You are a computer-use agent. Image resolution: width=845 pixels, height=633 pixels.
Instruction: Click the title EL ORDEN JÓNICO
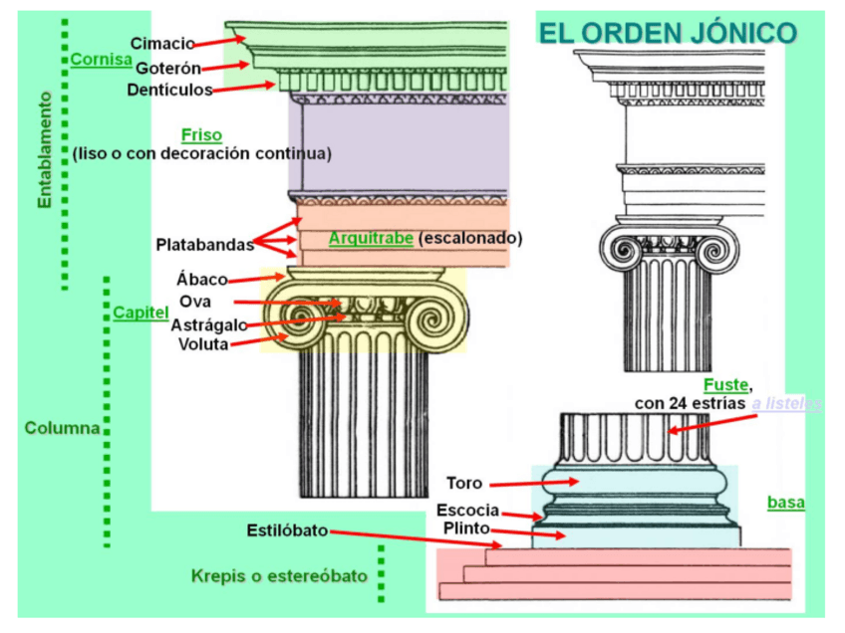point(668,33)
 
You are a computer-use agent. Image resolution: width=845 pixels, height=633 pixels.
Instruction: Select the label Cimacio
point(162,43)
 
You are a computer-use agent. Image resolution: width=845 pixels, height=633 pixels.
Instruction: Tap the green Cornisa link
point(101,60)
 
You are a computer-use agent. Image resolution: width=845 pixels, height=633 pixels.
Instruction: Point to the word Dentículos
point(169,90)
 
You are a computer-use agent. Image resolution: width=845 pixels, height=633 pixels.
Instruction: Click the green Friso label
point(201,135)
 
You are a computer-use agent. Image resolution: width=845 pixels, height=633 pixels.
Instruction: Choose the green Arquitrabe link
point(371,238)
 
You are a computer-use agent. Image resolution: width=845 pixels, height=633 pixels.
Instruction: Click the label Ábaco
point(202,280)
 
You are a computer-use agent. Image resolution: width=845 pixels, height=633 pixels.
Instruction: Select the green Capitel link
point(140,313)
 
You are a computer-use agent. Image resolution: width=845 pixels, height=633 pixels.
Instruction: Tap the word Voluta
point(203,344)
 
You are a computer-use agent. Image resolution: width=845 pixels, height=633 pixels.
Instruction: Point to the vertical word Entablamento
point(45,150)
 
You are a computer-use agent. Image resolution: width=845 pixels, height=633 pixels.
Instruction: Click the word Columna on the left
point(62,428)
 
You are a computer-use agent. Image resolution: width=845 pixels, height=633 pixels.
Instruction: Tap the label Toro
point(464,484)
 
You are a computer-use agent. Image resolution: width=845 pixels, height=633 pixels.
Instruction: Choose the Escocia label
point(467,511)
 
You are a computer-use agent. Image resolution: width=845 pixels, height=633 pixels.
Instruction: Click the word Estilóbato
point(287,530)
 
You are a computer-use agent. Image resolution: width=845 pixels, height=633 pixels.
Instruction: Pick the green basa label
point(786,503)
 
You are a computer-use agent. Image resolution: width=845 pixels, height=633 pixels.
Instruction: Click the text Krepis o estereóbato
point(279,576)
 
